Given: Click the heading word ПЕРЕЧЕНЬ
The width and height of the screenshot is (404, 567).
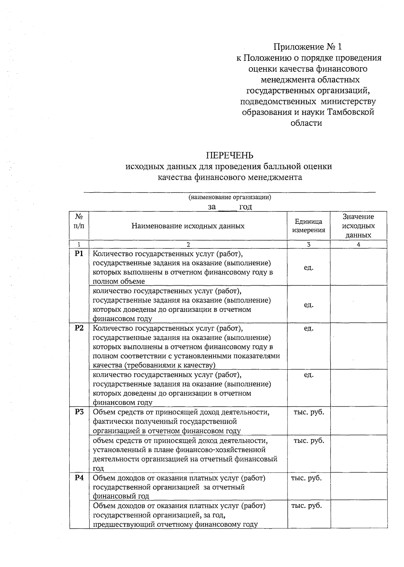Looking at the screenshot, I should (x=229, y=155).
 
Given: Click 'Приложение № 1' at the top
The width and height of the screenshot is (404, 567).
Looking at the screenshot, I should (x=309, y=46).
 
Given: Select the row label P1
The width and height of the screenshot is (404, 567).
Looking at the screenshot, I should (x=79, y=254).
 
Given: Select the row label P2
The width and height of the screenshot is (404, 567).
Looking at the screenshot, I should (x=79, y=328).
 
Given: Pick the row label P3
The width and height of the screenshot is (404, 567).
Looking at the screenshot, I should (x=79, y=412).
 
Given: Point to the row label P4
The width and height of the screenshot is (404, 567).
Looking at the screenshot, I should (x=79, y=478).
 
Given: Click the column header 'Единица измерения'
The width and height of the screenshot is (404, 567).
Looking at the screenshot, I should (x=308, y=226).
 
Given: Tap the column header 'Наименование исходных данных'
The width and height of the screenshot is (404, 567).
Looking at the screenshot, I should (x=188, y=226).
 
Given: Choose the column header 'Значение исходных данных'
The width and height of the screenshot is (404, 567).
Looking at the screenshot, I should (x=358, y=226).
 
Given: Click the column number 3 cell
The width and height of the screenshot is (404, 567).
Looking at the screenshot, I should (x=308, y=245).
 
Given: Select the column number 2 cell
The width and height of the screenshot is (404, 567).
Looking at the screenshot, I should (x=188, y=245).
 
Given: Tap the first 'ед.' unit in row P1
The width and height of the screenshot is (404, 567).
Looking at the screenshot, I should (x=308, y=268).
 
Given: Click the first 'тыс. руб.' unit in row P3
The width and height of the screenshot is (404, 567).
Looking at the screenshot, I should (x=309, y=412).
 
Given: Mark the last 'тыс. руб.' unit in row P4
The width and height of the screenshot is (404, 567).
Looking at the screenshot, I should (x=306, y=505).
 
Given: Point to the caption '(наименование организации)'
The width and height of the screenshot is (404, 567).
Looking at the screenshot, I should (x=230, y=197).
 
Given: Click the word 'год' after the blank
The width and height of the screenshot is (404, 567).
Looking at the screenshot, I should (x=245, y=207).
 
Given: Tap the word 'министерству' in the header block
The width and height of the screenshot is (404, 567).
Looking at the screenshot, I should (x=348, y=101).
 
